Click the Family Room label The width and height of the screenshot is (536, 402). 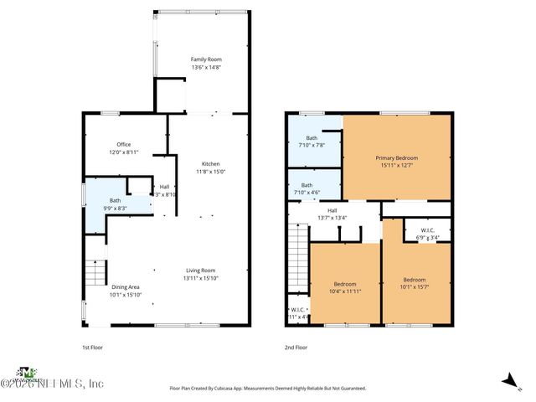[x=205, y=59]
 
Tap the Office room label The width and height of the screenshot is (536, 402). [x=123, y=144]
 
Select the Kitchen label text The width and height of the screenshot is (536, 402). [x=210, y=163]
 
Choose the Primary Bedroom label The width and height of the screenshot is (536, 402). [x=396, y=157]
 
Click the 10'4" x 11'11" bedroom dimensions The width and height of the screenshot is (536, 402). [x=346, y=292]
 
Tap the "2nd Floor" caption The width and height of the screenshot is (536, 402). [x=296, y=346]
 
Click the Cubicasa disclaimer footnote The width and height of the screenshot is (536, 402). [x=268, y=389]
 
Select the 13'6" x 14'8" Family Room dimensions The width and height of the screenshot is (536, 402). [x=205, y=68]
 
